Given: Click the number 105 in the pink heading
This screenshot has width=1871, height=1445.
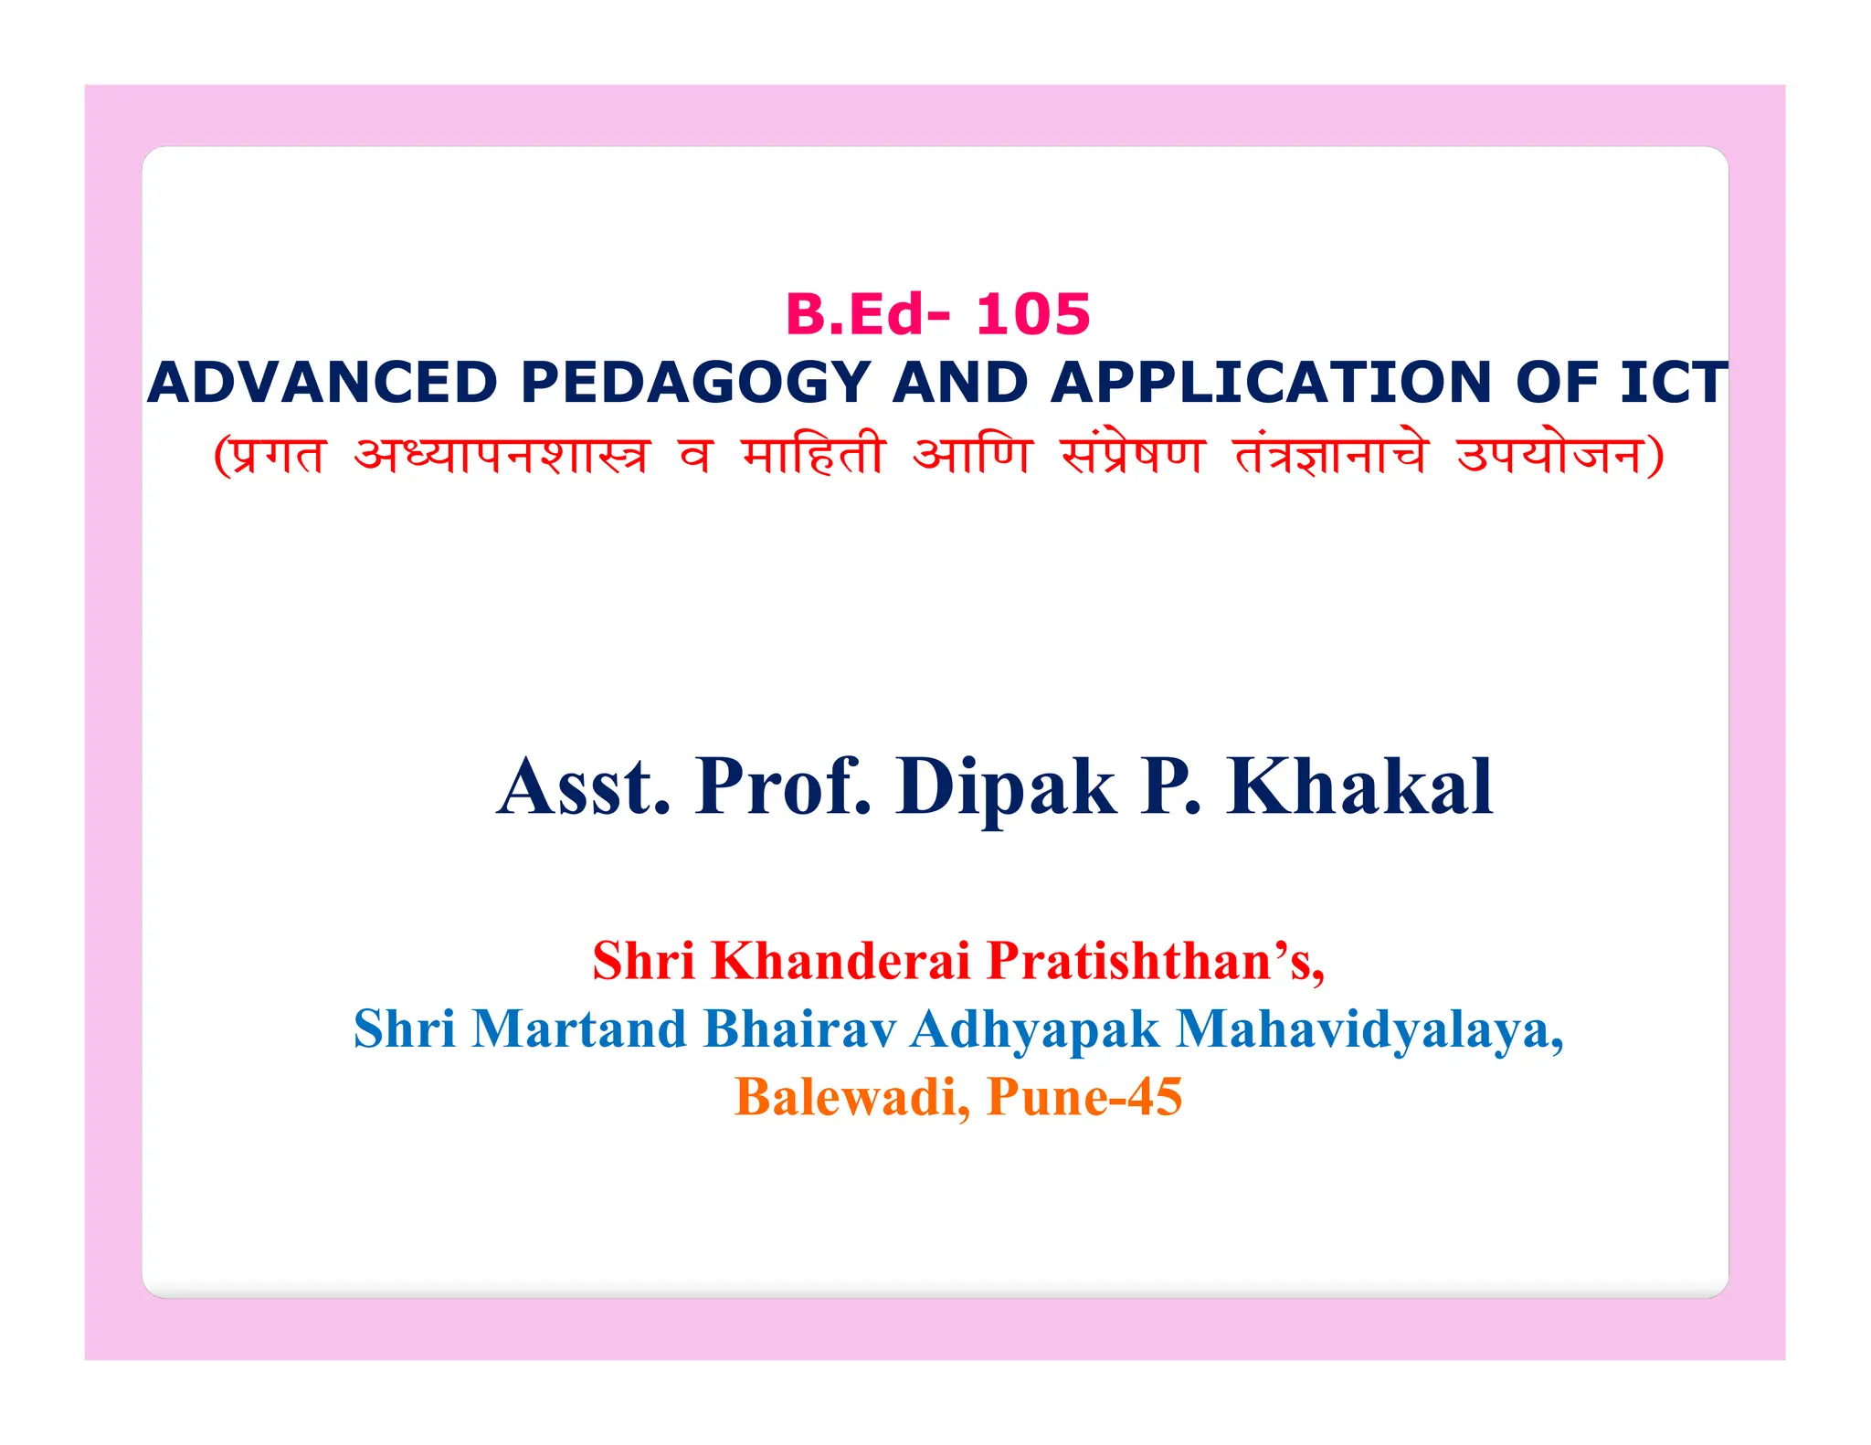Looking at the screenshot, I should pyautogui.click(x=1032, y=314).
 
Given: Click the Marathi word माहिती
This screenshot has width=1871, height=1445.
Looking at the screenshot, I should pyautogui.click(x=812, y=455).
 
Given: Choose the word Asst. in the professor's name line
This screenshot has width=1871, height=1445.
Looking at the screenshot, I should pyautogui.click(x=584, y=786).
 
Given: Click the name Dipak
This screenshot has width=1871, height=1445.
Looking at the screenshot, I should pyautogui.click(x=1006, y=786).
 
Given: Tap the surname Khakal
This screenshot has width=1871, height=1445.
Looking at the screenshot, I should pyautogui.click(x=1360, y=786).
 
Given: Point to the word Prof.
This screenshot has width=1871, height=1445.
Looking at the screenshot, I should pyautogui.click(x=783, y=786).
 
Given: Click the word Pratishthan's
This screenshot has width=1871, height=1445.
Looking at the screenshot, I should pyautogui.click(x=1157, y=961).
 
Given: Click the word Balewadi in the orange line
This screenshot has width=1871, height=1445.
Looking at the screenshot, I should pyautogui.click(x=851, y=1097).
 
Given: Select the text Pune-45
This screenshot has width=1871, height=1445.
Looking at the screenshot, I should pyautogui.click(x=1084, y=1097).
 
